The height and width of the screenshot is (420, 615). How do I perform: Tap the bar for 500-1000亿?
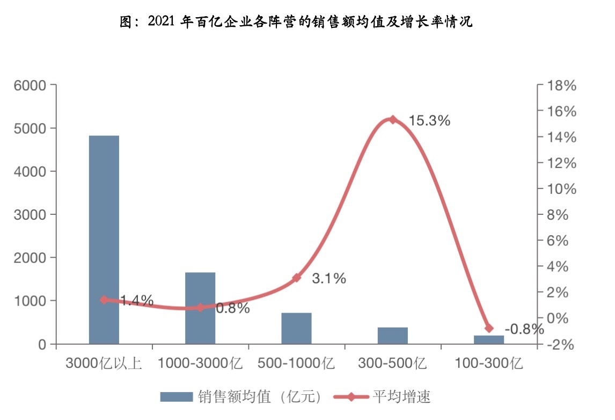(296, 328)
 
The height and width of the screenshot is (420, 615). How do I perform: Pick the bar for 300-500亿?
(392, 336)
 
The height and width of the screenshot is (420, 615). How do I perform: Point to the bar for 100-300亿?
(489, 339)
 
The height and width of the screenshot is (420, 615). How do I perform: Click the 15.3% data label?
(429, 121)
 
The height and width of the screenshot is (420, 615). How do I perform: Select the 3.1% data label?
(329, 279)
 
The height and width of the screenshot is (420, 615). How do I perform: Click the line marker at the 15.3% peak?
(392, 120)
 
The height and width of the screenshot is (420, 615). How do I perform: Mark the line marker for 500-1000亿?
(296, 278)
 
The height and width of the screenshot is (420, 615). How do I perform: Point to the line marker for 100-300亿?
(489, 328)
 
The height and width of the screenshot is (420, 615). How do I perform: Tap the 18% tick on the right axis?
(561, 85)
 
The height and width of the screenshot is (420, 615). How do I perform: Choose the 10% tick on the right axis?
(561, 189)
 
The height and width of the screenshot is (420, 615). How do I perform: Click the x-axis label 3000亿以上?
(104, 364)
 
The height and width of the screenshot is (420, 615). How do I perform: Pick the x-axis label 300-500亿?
(392, 364)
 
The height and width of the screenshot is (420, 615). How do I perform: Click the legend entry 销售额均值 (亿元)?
(242, 397)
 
